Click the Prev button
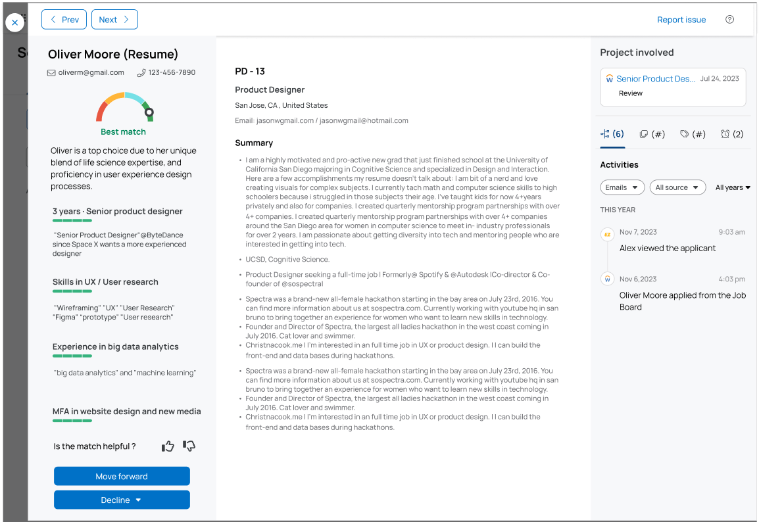pyautogui.click(x=64, y=20)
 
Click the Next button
pyautogui.click(x=114, y=20)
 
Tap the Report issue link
pyautogui.click(x=681, y=20)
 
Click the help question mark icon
pyautogui.click(x=729, y=20)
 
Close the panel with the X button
pyautogui.click(x=15, y=22)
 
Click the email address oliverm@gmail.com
pyautogui.click(x=91, y=72)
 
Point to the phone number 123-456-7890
pyautogui.click(x=171, y=72)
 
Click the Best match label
pyautogui.click(x=124, y=132)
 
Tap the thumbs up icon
pyautogui.click(x=168, y=446)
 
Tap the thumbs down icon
pyautogui.click(x=189, y=446)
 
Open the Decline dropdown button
pyautogui.click(x=122, y=500)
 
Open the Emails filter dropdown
pyautogui.click(x=622, y=187)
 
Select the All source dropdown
pyautogui.click(x=677, y=187)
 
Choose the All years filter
pyautogui.click(x=733, y=187)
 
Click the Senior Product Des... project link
pyautogui.click(x=655, y=79)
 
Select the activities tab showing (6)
pyautogui.click(x=612, y=134)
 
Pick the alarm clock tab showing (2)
pyautogui.click(x=731, y=134)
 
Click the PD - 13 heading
pyautogui.click(x=250, y=71)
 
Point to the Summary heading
pyautogui.click(x=254, y=143)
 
